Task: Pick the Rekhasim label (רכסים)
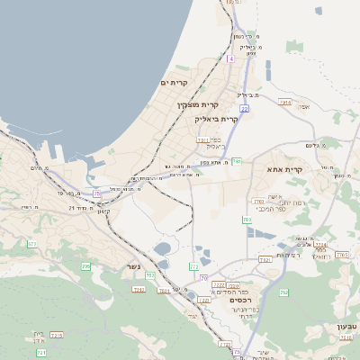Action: coord(242,300)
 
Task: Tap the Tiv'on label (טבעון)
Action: coord(346,325)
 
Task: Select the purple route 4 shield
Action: coord(230,58)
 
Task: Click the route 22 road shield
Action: coord(244,108)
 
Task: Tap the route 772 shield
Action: coord(193,266)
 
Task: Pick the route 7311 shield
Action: coord(202,139)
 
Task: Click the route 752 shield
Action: coord(149,274)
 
